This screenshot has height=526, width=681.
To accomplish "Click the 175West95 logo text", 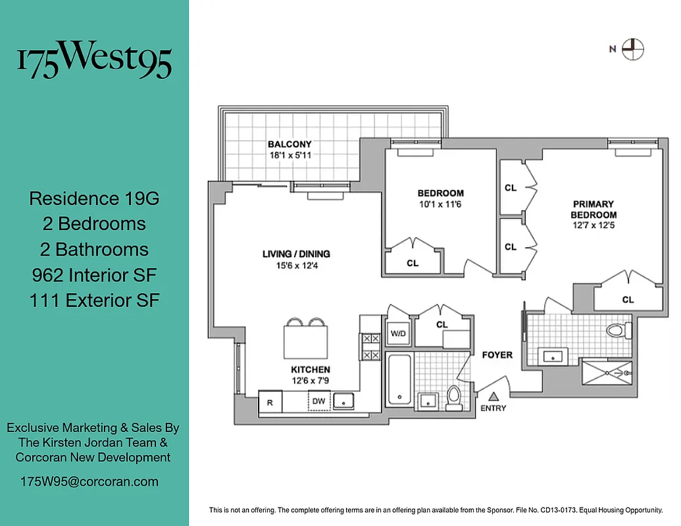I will coord(94,60).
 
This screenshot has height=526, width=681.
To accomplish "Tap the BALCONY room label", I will coord(290,145).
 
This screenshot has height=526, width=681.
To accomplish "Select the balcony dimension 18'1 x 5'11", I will coord(290,156).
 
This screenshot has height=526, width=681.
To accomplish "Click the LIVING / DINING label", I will coord(296,254).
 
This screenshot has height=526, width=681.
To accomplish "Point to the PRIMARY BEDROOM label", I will coord(593,210).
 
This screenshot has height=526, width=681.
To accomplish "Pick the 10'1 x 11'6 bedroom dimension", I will coord(440,205).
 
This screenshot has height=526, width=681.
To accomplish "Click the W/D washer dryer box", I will coord(398,333).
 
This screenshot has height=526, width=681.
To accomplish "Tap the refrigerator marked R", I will coord(270,402).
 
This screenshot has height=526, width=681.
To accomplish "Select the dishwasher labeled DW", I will coord(319,401).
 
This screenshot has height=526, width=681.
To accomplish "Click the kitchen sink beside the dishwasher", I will coord(344,400).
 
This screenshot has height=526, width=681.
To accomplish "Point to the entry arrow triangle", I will coord(493,396).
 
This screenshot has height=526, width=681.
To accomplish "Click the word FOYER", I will coord(497,355).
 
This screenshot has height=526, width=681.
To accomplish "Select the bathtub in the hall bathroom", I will coord(399,379).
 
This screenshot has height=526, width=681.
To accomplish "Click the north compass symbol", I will coord(634,49).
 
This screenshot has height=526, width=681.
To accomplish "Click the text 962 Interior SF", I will coord(94,275).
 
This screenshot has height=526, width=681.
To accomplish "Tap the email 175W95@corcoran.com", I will coord(89,481).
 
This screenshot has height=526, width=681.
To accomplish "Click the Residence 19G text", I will coord(94,198).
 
